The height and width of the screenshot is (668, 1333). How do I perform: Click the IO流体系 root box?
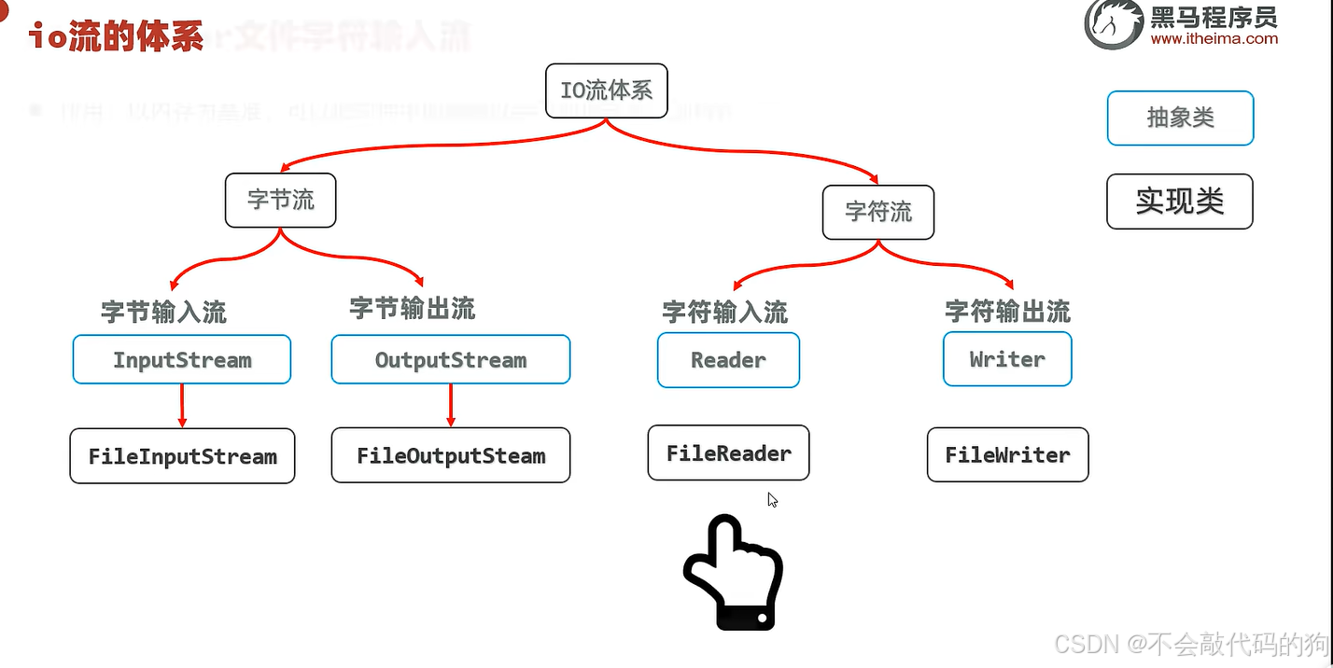coord(606,90)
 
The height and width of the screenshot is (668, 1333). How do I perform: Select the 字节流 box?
coord(280,200)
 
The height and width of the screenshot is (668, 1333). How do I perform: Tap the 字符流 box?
coord(877,212)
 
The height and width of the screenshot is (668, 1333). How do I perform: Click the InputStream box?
coord(182,360)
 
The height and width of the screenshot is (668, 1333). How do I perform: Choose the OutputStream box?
coord(450,360)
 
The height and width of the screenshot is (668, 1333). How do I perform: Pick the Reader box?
coord(728,360)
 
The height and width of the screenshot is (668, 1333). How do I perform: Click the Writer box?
coord(1007,360)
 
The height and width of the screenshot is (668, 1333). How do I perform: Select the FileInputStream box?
coord(182,456)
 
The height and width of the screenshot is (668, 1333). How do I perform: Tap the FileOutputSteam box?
coord(450,455)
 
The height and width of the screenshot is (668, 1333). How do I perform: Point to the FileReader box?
coord(728,453)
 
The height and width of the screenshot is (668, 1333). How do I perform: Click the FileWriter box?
coord(1007,455)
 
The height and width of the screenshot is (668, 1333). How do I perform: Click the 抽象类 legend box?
coord(1180,118)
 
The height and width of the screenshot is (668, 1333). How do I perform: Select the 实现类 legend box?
coord(1179,202)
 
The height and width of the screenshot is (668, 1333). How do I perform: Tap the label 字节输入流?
coord(163,312)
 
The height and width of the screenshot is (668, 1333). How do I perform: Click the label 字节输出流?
coord(412,309)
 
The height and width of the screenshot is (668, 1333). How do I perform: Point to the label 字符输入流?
coord(724,312)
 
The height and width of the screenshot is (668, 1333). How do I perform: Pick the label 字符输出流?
coord(1007,312)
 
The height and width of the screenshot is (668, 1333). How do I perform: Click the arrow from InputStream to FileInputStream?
coord(182,405)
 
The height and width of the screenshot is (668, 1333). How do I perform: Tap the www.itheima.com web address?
coord(1214,39)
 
